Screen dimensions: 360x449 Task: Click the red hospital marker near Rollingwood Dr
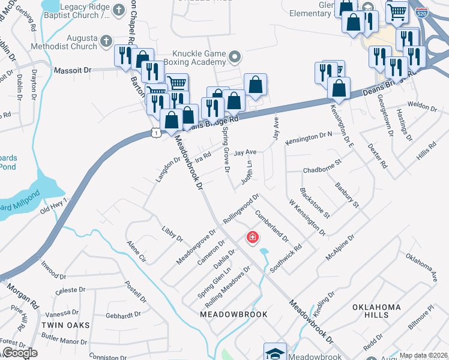coord(253,238)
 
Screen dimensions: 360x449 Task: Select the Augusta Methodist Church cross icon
coord(106,41)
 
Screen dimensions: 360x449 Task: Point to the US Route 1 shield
coord(155,132)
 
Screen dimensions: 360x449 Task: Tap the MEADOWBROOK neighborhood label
coord(233,314)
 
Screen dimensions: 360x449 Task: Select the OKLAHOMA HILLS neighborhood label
coord(376,311)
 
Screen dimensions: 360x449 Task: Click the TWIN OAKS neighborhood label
coord(65,325)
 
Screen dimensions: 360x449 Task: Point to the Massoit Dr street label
coord(72,70)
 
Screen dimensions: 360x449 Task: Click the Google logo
coord(20,353)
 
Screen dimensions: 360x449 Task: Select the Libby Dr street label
coord(172,234)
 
